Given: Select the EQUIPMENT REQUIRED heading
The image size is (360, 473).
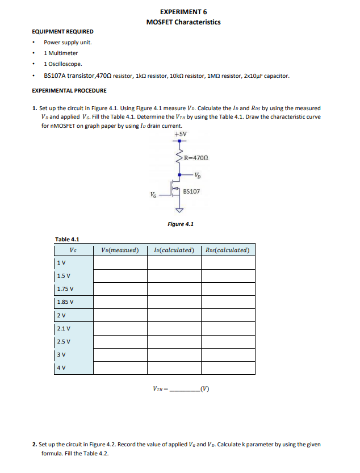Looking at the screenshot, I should click(x=63, y=32).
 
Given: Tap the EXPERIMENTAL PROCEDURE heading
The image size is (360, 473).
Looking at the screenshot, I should click(x=69, y=90).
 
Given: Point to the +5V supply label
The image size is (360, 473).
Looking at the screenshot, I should click(x=181, y=134).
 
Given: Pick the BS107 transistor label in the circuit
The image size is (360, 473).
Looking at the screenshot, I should click(x=192, y=192).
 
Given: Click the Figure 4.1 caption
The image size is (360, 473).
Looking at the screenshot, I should click(x=181, y=224).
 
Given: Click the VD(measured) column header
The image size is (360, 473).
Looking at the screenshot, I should click(x=120, y=250).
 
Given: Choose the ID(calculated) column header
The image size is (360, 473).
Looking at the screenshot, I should click(x=174, y=250).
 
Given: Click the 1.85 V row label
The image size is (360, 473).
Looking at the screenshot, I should click(x=65, y=302).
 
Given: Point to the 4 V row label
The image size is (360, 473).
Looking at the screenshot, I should click(x=61, y=367).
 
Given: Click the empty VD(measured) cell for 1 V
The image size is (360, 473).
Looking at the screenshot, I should click(x=120, y=262).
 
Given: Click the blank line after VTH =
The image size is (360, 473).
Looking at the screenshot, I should click(x=183, y=391).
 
